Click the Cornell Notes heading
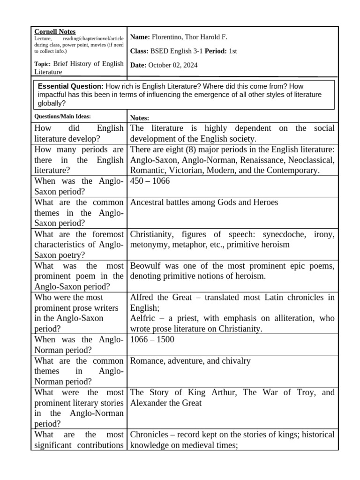(55, 31)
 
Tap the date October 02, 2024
(172, 65)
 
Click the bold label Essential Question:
(70, 87)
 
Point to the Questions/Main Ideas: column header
(63, 116)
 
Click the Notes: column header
(139, 118)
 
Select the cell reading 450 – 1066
(150, 181)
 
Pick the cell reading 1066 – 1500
(152, 339)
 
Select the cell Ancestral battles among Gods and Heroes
(204, 202)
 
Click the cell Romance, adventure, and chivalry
(190, 361)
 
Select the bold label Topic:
(43, 64)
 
